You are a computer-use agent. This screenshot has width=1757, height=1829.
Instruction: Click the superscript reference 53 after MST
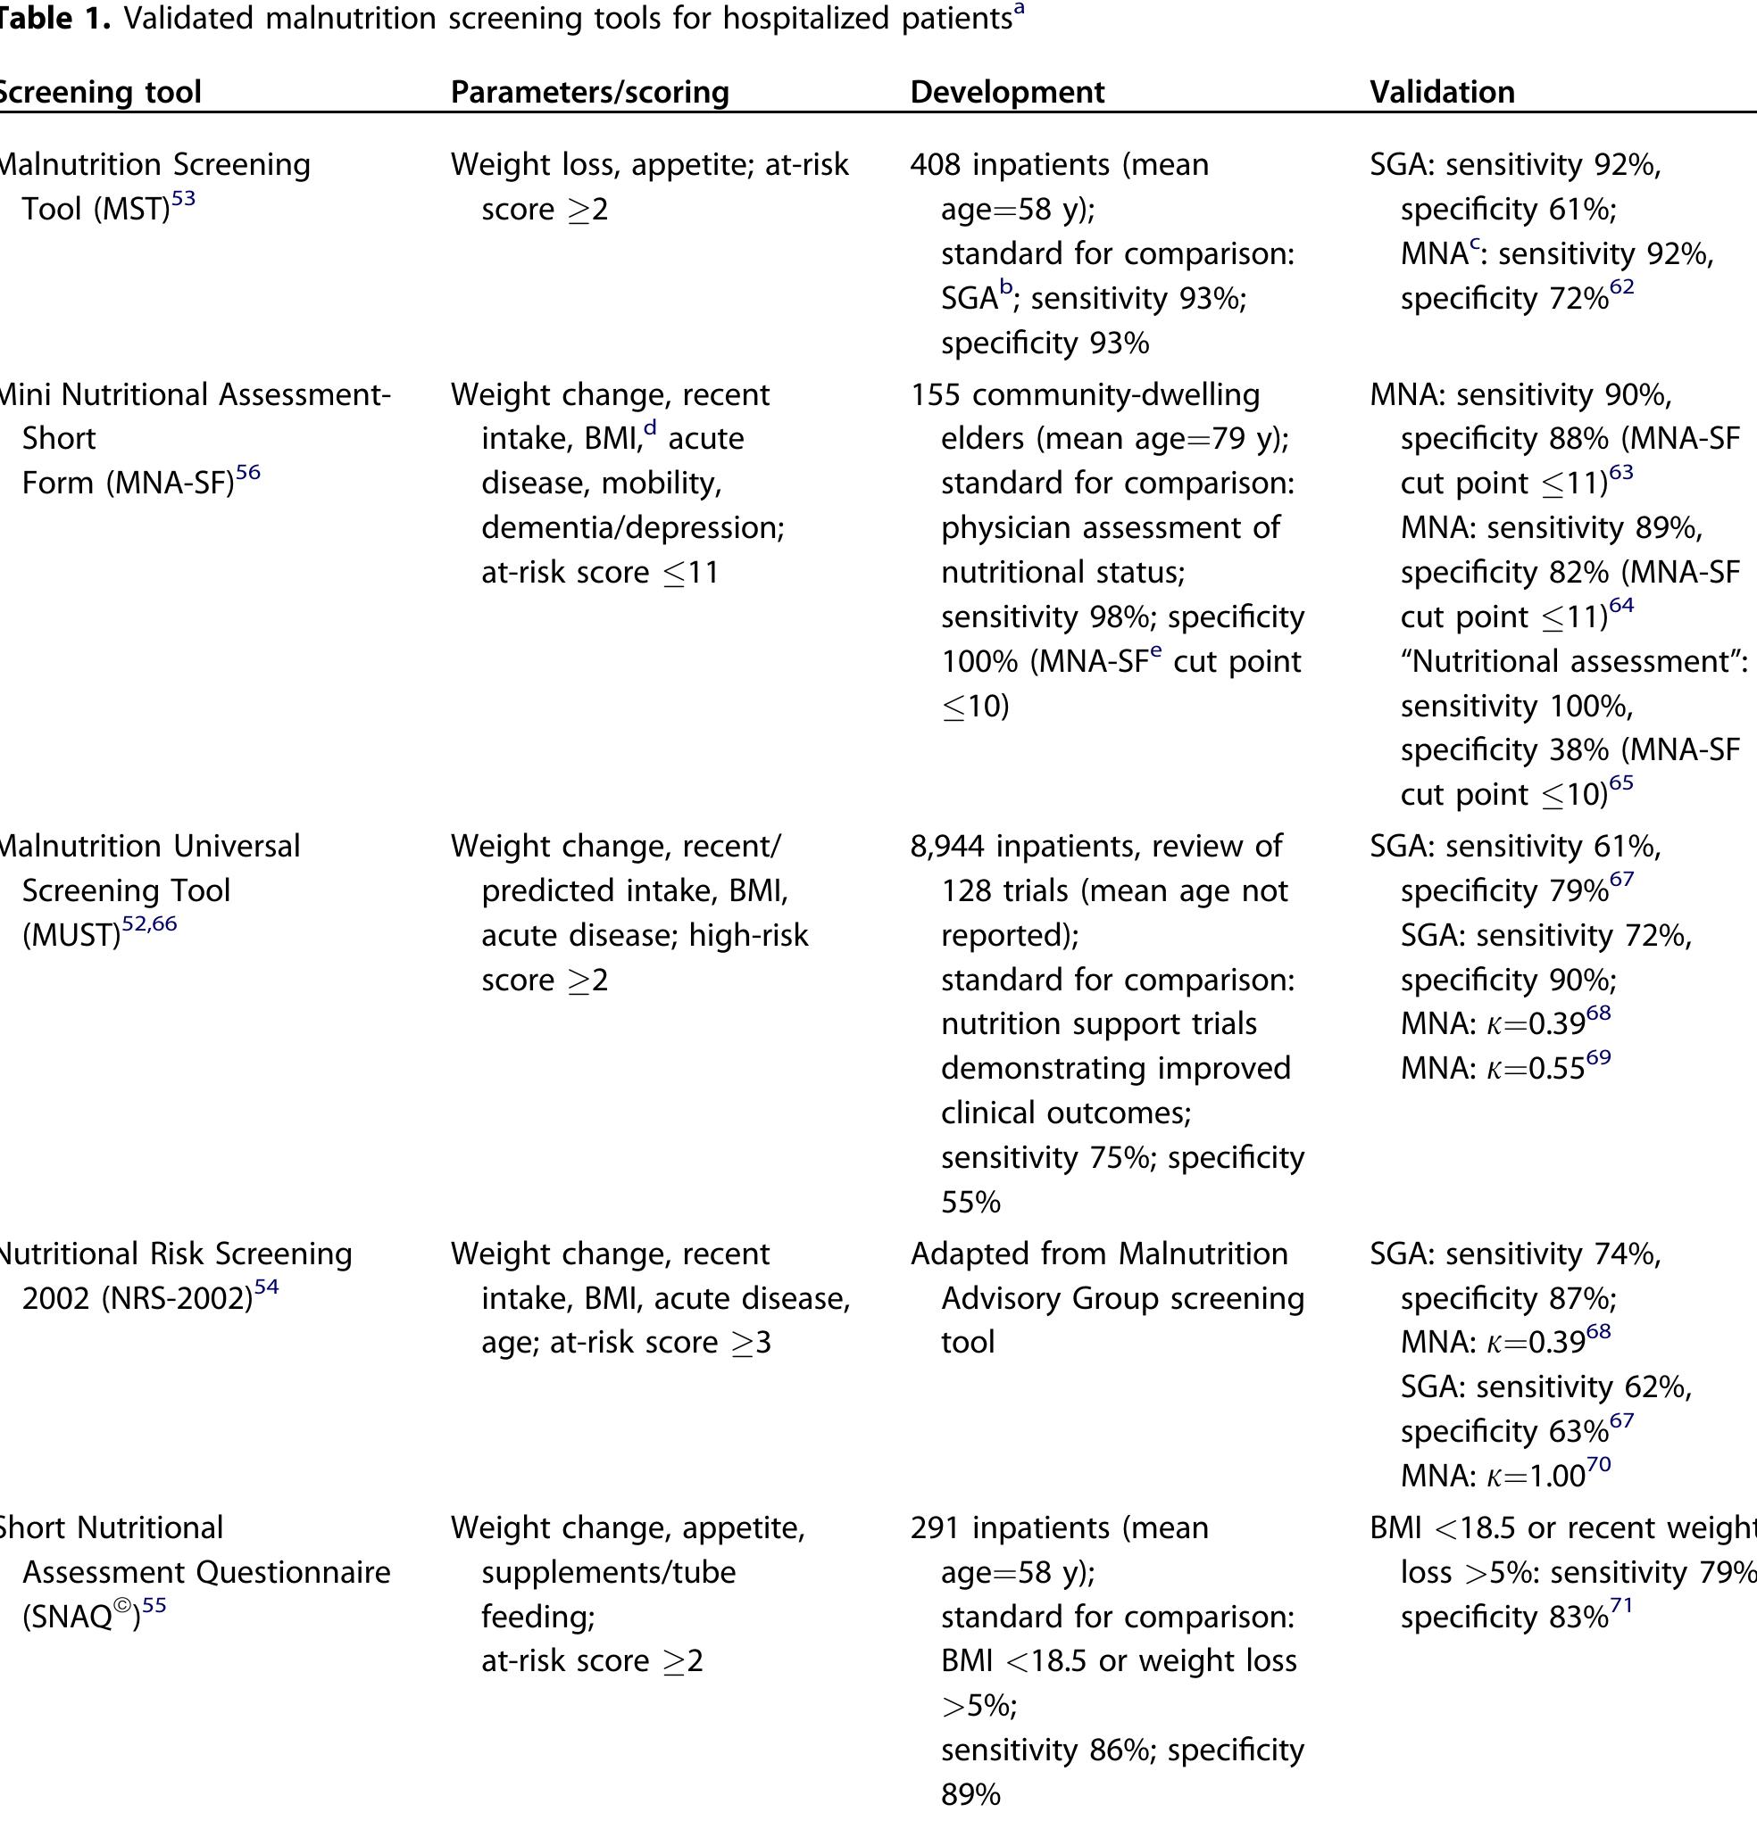coord(183,198)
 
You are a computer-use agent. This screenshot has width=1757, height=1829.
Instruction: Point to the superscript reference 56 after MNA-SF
coord(247,472)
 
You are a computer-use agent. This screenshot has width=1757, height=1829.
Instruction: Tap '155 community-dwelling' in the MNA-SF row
coord(1084,393)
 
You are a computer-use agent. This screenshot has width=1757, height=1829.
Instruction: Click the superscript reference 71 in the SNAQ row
coord(1621,1605)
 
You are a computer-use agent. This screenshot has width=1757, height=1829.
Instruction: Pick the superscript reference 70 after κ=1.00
coord(1599,1464)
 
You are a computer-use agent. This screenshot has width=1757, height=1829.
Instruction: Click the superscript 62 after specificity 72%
coord(1621,286)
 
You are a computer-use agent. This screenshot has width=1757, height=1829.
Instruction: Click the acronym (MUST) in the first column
coord(71,935)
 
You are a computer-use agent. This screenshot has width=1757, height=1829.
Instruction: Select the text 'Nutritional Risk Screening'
coord(175,1254)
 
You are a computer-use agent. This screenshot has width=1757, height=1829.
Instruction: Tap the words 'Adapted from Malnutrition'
coord(1098,1254)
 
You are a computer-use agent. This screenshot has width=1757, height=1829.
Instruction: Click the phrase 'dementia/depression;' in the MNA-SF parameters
coord(632,527)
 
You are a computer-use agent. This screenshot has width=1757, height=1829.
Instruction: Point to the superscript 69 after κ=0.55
coord(1599,1056)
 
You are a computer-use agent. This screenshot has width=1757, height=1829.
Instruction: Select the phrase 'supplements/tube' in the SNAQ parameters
coord(608,1572)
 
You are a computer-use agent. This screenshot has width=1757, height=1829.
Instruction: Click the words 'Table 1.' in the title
coord(54,18)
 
